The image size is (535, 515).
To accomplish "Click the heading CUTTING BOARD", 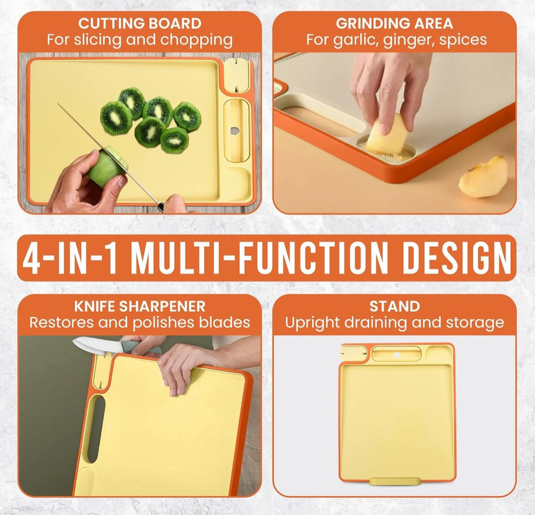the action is click(x=140, y=24).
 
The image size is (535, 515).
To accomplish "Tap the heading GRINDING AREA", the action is click(x=394, y=24).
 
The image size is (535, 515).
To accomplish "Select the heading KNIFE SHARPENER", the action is click(x=140, y=306).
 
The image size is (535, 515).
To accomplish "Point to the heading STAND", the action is click(x=394, y=306).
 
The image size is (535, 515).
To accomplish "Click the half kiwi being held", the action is click(x=107, y=166).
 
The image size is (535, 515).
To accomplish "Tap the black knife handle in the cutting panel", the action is click(x=160, y=207).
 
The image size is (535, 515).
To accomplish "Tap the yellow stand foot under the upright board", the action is click(x=395, y=481).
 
